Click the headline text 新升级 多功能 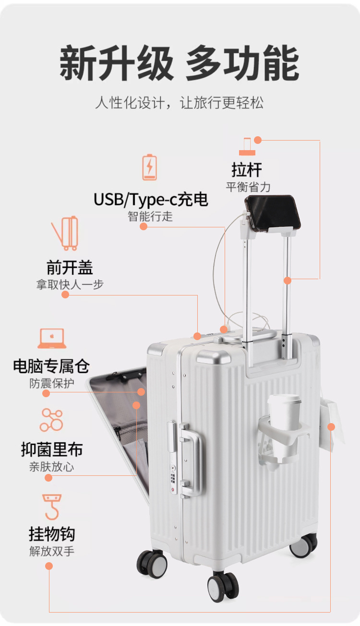180,64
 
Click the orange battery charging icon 149,167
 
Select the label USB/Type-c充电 151,199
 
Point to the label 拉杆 247,170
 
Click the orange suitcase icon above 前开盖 66,233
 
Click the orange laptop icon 52,339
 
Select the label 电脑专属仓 51,366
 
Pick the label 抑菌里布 52,449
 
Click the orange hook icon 52,507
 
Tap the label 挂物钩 52,533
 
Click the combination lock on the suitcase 173,477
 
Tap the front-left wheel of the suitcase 152,564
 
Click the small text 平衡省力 248,187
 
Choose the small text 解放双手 52,551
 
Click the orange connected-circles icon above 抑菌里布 51,420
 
